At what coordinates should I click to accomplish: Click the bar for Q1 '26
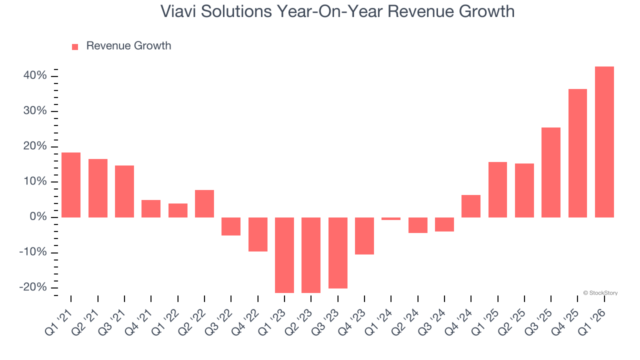(x=604, y=142)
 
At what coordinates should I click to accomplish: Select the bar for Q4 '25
(x=577, y=153)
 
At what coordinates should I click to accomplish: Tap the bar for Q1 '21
(x=71, y=184)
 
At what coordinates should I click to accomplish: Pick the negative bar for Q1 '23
(x=284, y=255)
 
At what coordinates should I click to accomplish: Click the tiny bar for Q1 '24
(x=391, y=218)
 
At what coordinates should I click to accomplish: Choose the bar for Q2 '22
(x=204, y=203)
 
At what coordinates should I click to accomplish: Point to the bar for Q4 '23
(x=364, y=236)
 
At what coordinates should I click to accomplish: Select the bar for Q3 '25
(x=551, y=172)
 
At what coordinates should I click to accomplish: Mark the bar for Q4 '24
(x=471, y=206)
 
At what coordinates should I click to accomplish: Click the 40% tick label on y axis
(x=35, y=75)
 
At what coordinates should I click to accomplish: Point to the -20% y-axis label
(x=33, y=287)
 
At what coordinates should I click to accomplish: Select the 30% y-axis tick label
(x=35, y=111)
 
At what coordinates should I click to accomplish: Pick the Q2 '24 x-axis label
(x=404, y=320)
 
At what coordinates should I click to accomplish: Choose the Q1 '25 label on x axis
(x=484, y=320)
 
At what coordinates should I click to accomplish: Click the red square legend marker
(x=75, y=47)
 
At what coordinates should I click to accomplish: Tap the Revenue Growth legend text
(x=128, y=46)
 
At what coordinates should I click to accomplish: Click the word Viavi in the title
(x=178, y=11)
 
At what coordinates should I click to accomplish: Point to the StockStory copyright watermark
(x=600, y=293)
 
